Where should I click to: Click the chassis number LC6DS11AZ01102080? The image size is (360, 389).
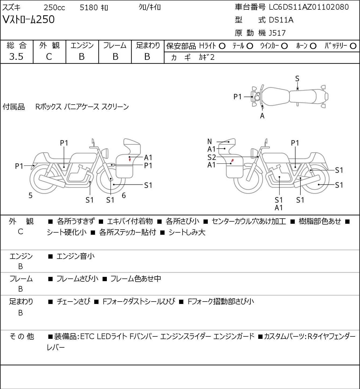click(309, 7)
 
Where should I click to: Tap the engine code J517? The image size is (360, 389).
click(276, 33)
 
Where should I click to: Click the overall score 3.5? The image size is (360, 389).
click(16, 57)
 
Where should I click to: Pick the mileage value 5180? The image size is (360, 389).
click(89, 8)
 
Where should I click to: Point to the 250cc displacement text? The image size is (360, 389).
click(54, 8)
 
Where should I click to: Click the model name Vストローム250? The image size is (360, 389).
click(28, 20)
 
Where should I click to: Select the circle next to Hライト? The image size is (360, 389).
click(222, 46)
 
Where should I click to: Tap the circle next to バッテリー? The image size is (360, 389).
click(353, 46)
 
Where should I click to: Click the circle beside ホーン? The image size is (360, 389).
click(313, 46)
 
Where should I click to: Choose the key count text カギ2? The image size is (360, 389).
click(207, 57)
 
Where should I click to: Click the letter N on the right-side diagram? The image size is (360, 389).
click(210, 141)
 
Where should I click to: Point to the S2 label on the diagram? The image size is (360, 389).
click(212, 157)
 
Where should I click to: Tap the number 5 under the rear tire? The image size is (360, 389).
click(30, 196)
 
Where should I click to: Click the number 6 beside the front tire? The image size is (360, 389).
click(124, 196)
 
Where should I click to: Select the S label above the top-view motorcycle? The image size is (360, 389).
click(297, 79)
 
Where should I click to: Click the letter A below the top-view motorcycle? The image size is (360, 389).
click(262, 116)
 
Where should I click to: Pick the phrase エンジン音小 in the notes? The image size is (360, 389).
click(76, 256)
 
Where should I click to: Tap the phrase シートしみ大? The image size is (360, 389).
click(187, 232)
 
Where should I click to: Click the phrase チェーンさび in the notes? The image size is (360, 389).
click(73, 302)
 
